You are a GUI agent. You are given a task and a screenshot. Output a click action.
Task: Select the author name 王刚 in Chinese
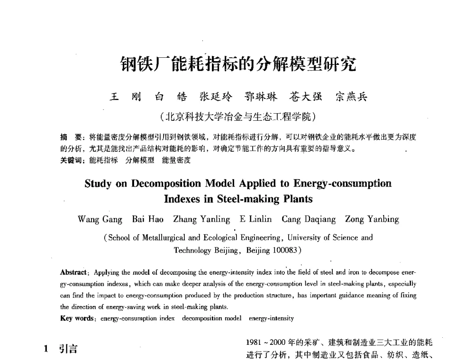123,97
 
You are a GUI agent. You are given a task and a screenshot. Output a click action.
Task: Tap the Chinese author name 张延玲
213,97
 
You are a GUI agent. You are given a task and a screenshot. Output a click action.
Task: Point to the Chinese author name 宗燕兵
351,97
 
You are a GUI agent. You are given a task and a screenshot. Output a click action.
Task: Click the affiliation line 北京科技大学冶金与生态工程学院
238,116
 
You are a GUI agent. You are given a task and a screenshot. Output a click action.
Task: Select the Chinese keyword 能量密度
176,160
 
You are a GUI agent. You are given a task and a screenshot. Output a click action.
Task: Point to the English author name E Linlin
256,219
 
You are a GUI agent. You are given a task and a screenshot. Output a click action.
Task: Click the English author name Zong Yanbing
372,219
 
